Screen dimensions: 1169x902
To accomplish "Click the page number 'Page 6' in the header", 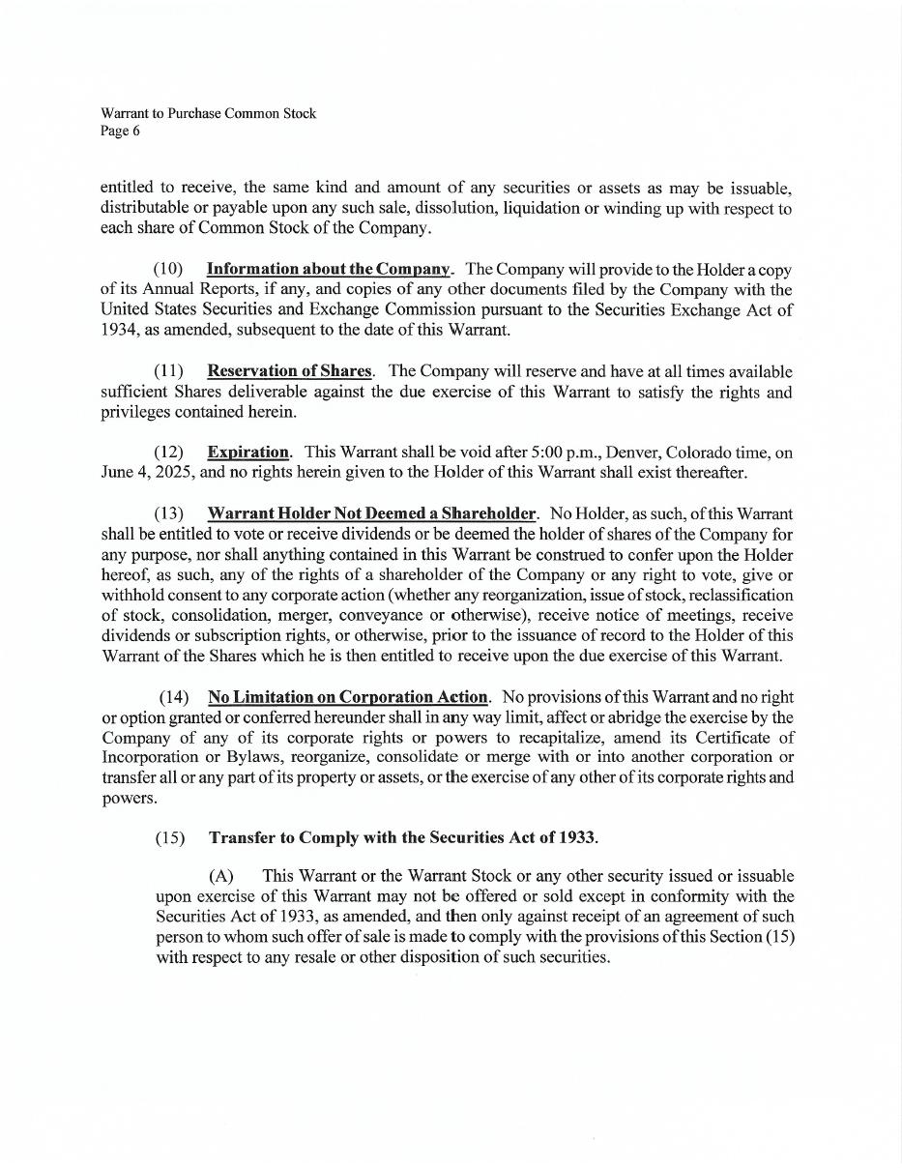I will tap(120, 132).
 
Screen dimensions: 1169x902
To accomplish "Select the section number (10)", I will tap(168, 269).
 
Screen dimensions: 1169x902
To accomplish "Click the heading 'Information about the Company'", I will tap(329, 269).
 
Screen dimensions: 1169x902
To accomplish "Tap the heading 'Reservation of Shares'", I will tap(289, 371).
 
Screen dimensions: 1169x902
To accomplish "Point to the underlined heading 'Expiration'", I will tap(247, 452).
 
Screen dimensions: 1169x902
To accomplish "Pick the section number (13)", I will tap(168, 513).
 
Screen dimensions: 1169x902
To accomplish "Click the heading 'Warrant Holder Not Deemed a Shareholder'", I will tap(371, 513).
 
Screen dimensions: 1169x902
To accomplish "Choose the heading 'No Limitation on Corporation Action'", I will tap(347, 697).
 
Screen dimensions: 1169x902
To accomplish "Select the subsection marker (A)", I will tap(221, 876).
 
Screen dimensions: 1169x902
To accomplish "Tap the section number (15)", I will tap(170, 837).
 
